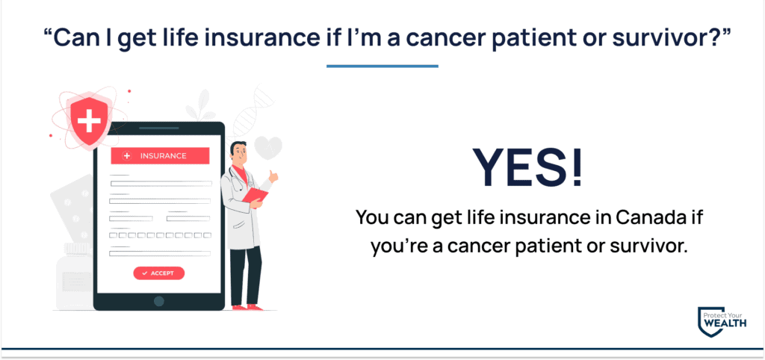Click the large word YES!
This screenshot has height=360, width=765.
[x=528, y=167]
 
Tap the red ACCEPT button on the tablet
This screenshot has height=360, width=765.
[x=159, y=273]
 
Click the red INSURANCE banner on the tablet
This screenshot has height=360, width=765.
[x=160, y=156]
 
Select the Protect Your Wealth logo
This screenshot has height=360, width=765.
[x=722, y=323]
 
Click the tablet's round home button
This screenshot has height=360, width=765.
[x=159, y=301]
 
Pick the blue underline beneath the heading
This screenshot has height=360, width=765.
[x=382, y=66]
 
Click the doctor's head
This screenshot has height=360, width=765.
[x=238, y=151]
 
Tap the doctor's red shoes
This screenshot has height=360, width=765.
[x=247, y=307]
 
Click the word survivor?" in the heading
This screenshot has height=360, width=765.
[x=680, y=39]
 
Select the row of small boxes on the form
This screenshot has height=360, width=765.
[x=160, y=235]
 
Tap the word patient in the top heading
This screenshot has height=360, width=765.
[x=528, y=39]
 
